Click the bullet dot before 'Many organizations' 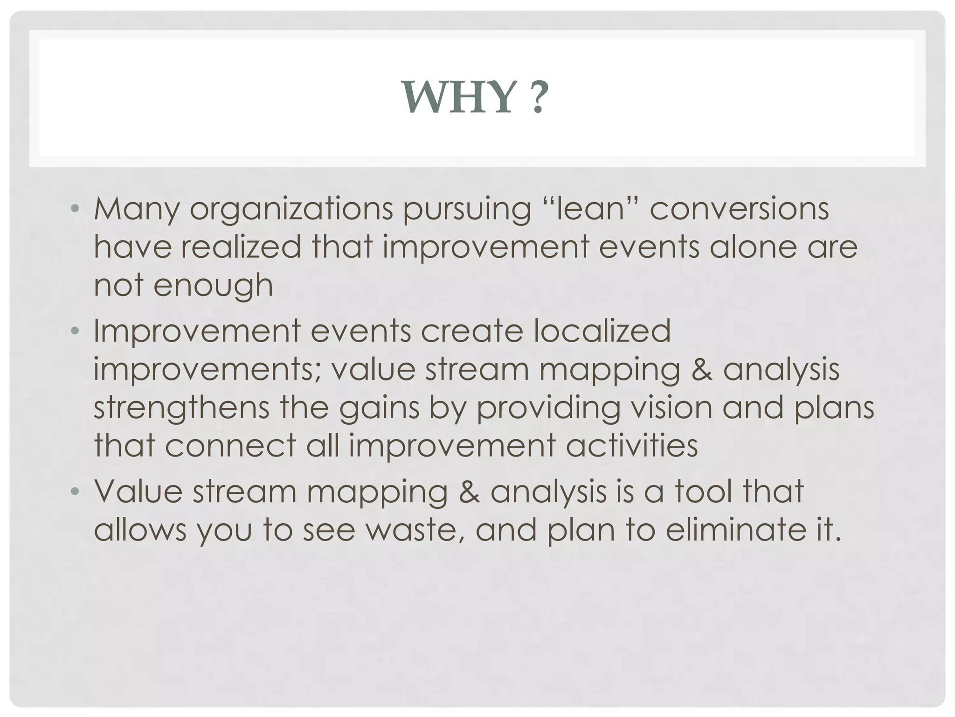(x=74, y=209)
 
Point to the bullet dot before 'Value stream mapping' (x=74, y=492)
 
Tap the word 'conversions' (x=739, y=209)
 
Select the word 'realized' (x=241, y=246)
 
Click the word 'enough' (x=213, y=286)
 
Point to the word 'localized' (x=602, y=331)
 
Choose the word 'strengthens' (x=181, y=408)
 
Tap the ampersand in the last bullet (x=469, y=492)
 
